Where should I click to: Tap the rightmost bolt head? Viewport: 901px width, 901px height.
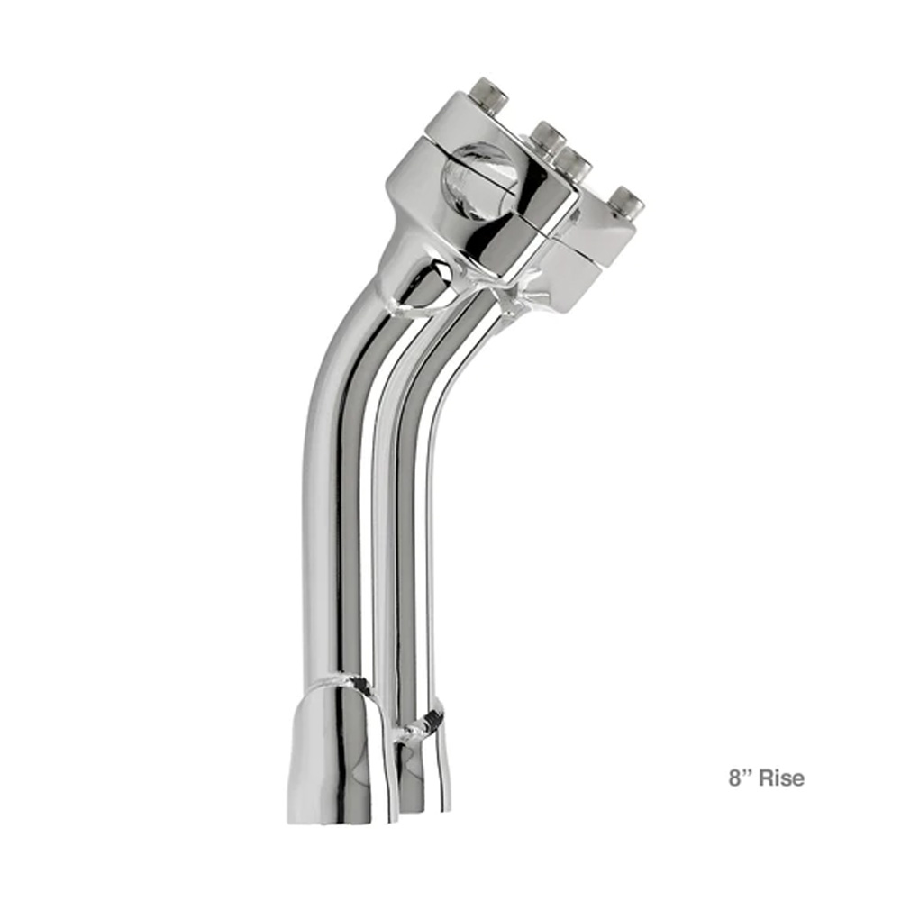[626, 201]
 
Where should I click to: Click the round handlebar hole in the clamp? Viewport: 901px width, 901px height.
[478, 182]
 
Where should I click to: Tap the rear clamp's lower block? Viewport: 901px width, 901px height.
[587, 264]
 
